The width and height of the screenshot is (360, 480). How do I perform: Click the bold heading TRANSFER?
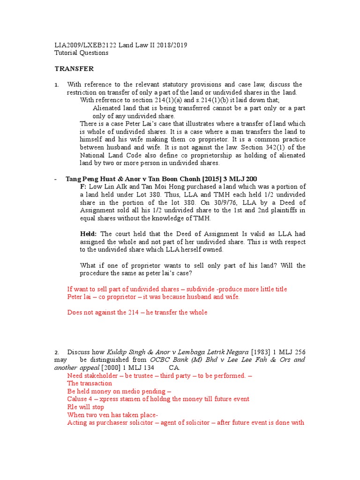(x=74, y=69)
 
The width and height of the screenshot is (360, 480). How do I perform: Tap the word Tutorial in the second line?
(x=67, y=53)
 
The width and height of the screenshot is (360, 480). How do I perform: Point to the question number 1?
(x=56, y=85)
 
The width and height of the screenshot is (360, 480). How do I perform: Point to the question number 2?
(x=56, y=352)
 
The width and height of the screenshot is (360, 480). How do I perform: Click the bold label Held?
(x=89, y=234)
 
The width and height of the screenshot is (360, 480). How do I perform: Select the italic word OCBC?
(x=159, y=360)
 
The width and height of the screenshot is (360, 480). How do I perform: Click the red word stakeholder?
(x=101, y=375)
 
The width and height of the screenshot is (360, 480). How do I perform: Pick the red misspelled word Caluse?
(x=77, y=399)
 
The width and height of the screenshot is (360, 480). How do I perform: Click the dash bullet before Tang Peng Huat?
(x=56, y=179)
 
